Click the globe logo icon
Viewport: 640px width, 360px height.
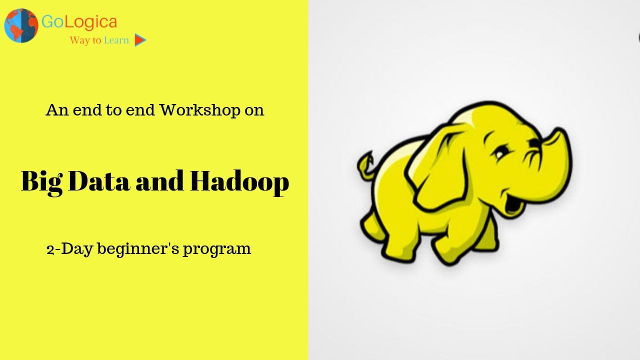coord(21,25)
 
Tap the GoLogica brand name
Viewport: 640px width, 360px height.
coord(79,21)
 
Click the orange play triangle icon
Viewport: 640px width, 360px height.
coord(140,40)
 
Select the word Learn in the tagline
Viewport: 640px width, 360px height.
coord(116,40)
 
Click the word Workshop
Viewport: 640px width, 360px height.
coord(199,110)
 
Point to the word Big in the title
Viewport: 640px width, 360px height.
coord(41,182)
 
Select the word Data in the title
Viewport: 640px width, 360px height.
coord(99,181)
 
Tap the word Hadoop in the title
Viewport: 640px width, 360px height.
coord(239,182)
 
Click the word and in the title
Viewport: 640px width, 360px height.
coord(159,181)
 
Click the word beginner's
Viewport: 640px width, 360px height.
coord(138,249)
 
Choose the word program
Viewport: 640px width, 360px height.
coord(217,249)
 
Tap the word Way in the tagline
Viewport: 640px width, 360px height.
coord(79,40)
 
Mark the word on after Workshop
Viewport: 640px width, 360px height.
coord(254,111)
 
